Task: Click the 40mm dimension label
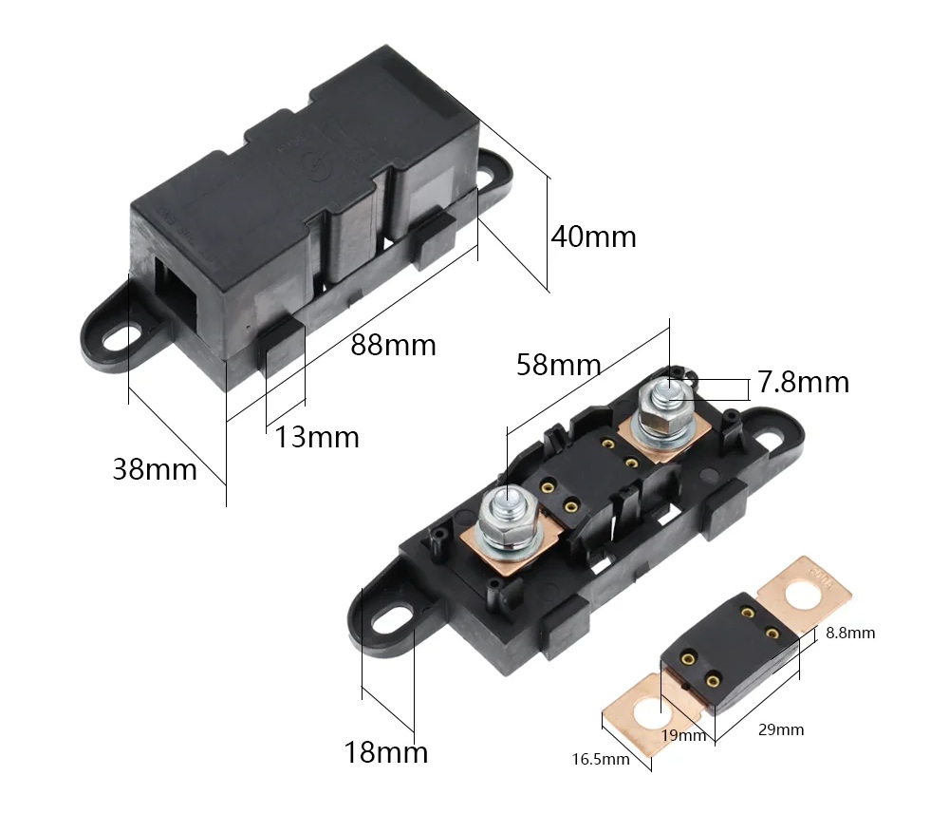click(x=594, y=237)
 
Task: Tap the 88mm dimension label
click(x=394, y=346)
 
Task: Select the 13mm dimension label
click(x=317, y=437)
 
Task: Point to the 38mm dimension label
click(x=155, y=469)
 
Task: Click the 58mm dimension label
click(x=559, y=366)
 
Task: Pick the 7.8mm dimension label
click(x=804, y=383)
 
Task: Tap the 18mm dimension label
click(x=386, y=753)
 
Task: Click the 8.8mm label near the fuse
click(x=850, y=633)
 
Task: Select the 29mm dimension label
click(x=781, y=729)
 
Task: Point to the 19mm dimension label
click(x=684, y=735)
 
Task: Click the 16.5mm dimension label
click(x=601, y=759)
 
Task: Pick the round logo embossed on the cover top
click(x=316, y=163)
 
